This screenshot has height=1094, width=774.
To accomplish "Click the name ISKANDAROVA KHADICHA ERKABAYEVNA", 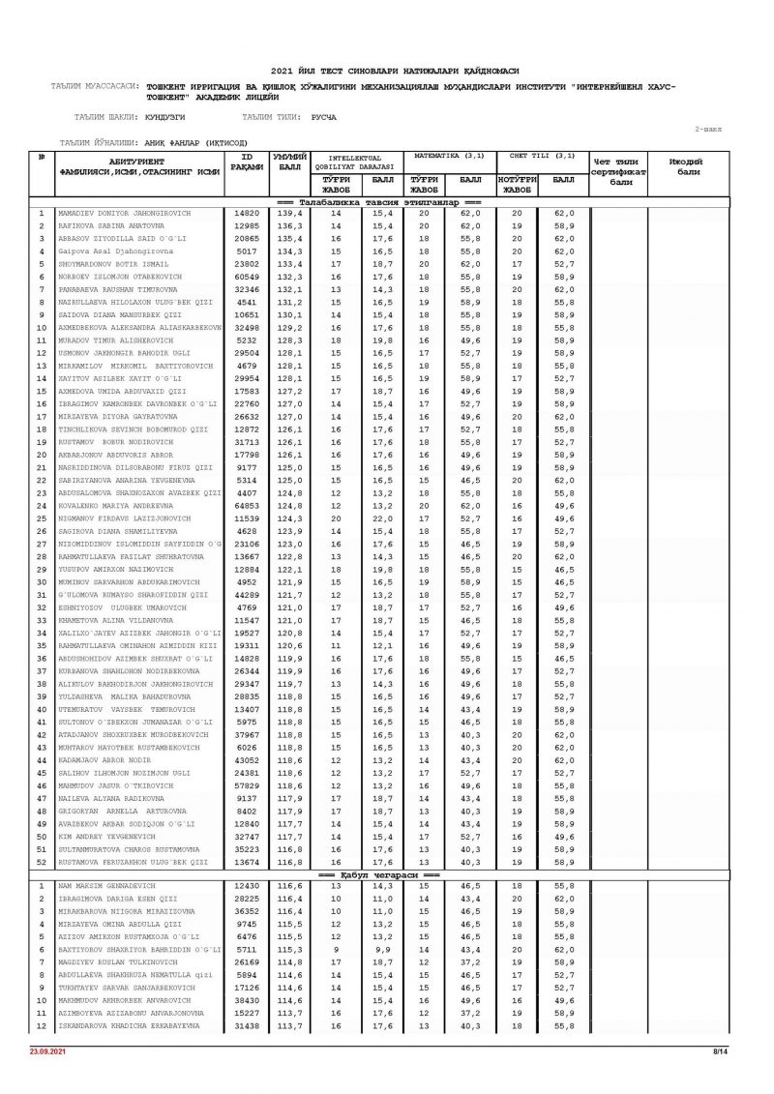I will coord(122,1025).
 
